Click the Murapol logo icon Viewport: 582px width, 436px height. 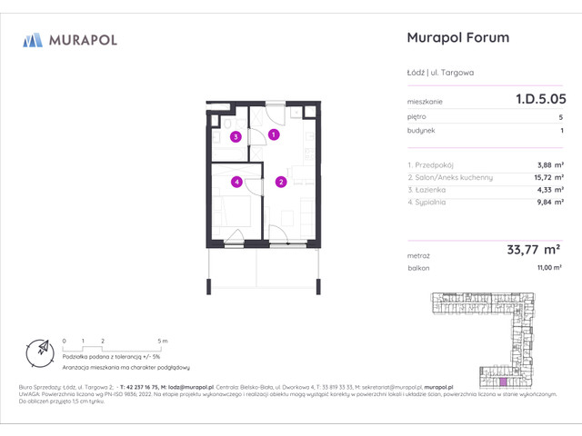pos(33,39)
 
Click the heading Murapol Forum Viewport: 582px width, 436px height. pos(455,38)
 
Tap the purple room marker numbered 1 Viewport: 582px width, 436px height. pos(274,135)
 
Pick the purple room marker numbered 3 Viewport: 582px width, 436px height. pos(236,138)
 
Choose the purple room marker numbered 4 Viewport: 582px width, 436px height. pos(236,182)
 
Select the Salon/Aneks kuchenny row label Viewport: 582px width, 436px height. pos(451,177)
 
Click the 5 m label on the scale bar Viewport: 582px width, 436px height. pos(160,340)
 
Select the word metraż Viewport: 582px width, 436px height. pos(419,257)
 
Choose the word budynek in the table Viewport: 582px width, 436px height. pos(422,131)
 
